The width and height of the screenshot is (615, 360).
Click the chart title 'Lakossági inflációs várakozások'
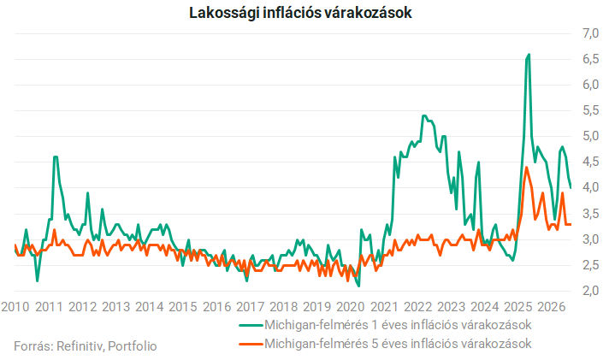tap(300, 13)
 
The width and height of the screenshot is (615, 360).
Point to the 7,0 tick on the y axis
tap(591, 33)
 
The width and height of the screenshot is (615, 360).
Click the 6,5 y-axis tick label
tap(591, 59)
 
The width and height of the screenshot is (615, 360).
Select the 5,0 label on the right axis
tap(591, 137)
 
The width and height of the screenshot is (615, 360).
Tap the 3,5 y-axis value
tap(591, 214)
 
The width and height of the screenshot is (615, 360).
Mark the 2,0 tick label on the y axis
tap(591, 291)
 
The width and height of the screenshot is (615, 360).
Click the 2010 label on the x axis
tap(15, 307)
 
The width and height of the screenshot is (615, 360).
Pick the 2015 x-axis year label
tap(183, 307)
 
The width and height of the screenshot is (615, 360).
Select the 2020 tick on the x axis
tap(351, 307)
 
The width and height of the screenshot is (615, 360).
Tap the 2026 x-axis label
tap(552, 307)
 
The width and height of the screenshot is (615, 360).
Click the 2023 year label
tap(451, 307)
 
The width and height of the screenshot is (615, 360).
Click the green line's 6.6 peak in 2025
tap(529, 55)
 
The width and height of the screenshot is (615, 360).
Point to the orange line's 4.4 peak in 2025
tap(526, 168)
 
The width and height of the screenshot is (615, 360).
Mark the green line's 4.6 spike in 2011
tap(56, 156)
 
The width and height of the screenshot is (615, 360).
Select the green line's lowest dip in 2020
tap(358, 286)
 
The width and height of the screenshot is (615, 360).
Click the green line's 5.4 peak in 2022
tap(423, 115)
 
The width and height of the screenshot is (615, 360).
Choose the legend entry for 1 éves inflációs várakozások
tap(386, 325)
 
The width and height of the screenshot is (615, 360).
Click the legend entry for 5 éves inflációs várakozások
tap(386, 344)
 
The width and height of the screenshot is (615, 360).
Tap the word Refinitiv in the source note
tap(80, 346)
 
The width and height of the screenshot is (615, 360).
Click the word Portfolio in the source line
tap(133, 346)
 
